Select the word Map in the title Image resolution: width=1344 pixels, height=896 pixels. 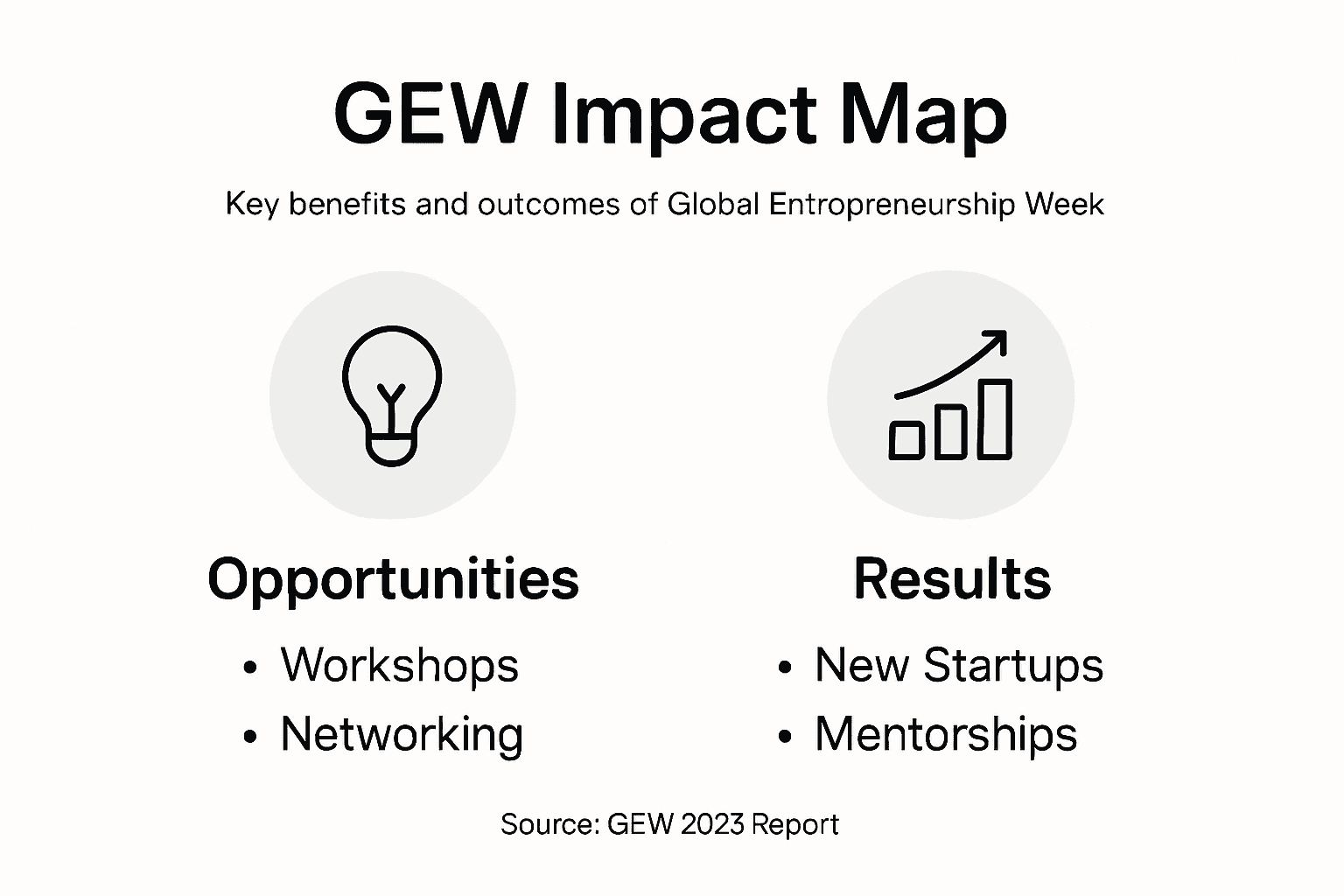click(923, 115)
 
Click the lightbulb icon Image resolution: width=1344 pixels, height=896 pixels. click(391, 395)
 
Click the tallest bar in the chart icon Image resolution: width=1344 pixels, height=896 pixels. click(994, 419)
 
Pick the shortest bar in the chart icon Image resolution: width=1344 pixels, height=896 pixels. click(906, 439)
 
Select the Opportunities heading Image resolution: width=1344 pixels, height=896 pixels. click(393, 579)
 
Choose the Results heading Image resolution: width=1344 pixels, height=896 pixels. click(952, 579)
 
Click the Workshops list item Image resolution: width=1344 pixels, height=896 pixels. click(400, 665)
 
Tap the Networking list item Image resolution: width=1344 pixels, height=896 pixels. click(402, 734)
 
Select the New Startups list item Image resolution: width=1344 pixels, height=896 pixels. click(959, 665)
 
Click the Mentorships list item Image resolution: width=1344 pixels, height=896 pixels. click(946, 734)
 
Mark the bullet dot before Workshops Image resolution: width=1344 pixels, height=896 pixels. click(251, 668)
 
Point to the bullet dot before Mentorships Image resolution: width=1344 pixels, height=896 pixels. click(785, 737)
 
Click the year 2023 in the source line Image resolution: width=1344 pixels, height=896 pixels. click(712, 824)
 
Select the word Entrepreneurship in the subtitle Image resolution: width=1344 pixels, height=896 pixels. click(892, 205)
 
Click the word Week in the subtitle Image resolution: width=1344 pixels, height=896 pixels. click(1065, 205)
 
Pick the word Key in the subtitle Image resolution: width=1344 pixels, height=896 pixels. click(252, 205)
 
